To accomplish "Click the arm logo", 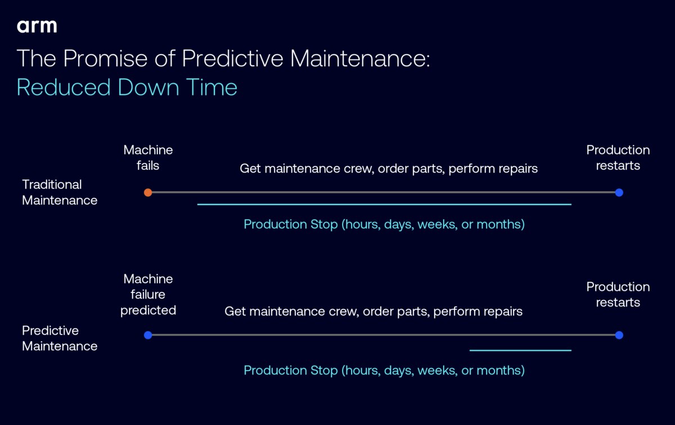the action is tap(37, 26).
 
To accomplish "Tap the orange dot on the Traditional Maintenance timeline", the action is tap(148, 192).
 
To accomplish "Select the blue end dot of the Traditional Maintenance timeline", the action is tap(619, 192).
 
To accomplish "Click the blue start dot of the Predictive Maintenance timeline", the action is tap(148, 335).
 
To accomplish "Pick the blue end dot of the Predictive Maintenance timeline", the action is tap(619, 335).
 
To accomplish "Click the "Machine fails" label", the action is tap(148, 157).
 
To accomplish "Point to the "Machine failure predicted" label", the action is tap(148, 294).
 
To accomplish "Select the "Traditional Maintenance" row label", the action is tap(60, 192).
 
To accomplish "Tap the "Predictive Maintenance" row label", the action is tap(60, 338).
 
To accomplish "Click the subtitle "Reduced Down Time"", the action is tap(127, 87).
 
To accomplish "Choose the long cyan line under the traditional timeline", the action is tap(384, 204).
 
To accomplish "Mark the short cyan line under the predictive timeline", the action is tap(520, 350).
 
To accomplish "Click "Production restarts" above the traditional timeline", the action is tap(618, 157).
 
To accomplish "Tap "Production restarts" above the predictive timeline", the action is tap(618, 294).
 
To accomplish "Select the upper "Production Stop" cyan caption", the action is tap(384, 224).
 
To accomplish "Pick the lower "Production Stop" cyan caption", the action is tap(384, 370).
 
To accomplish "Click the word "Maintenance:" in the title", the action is tap(360, 58).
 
